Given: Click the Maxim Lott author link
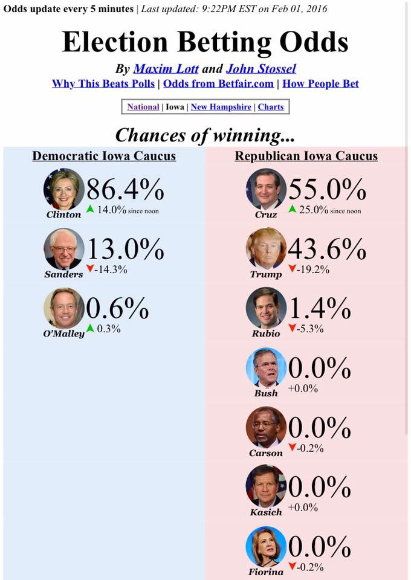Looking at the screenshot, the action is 166,69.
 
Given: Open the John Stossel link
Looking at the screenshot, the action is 261,69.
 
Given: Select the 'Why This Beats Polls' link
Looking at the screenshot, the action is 103,83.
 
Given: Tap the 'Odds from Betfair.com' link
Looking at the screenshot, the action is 218,83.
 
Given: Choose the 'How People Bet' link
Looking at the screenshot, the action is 320,83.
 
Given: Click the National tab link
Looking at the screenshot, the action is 143,107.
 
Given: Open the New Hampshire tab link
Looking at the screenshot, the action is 221,107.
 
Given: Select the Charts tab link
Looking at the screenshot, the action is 271,107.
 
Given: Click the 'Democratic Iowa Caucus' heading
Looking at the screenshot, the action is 104,156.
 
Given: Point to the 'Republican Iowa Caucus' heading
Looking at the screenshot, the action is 306,156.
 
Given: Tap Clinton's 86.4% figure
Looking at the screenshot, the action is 125,189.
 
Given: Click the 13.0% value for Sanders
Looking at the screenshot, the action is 125,248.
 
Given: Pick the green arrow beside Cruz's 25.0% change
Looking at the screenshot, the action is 293,209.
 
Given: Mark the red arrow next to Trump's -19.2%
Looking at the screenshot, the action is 293,268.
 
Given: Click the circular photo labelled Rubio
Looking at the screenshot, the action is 266,308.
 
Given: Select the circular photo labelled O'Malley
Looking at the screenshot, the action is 64,308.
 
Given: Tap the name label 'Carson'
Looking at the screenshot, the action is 265,453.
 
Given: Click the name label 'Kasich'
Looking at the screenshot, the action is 265,512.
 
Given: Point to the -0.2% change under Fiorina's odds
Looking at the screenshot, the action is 310,567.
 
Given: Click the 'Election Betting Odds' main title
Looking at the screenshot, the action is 205,42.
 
